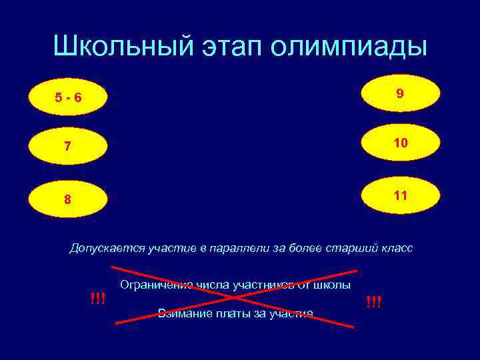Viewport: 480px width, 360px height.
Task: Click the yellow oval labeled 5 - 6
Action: pyautogui.click(x=69, y=98)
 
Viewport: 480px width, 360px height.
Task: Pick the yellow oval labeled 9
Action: pyautogui.click(x=399, y=94)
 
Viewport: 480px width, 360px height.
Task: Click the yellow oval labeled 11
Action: pyautogui.click(x=399, y=195)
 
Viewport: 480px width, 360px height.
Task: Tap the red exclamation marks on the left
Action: pyautogui.click(x=97, y=298)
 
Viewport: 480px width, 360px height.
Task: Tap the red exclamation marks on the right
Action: pyautogui.click(x=373, y=302)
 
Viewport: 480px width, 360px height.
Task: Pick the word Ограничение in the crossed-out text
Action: pyautogui.click(x=156, y=285)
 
